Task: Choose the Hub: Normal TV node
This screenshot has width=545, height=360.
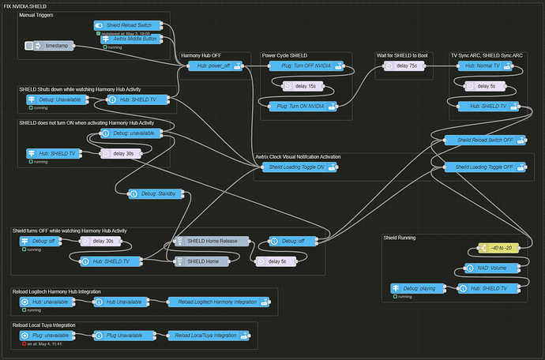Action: (x=484, y=66)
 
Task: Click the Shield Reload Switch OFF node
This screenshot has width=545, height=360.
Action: (x=484, y=140)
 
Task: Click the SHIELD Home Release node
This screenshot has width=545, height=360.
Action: (x=211, y=241)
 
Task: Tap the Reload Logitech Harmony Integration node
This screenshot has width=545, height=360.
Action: (x=218, y=302)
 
